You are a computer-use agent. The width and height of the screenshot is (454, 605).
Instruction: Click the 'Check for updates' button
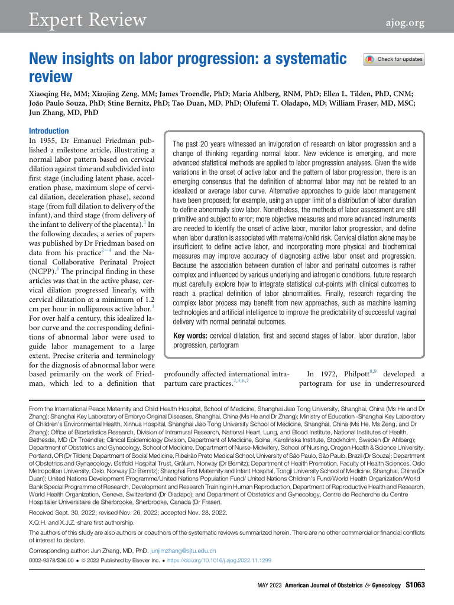394,59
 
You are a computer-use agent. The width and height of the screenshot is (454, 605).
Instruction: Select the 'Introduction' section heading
49,131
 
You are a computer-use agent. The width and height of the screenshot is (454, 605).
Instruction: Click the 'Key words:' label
190,336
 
